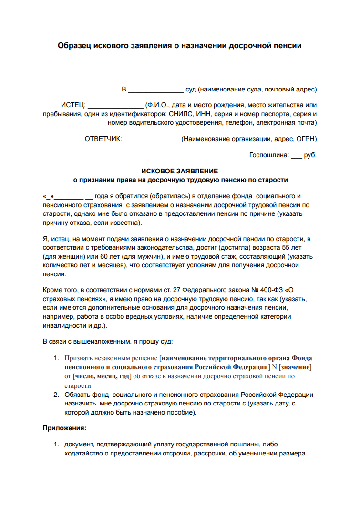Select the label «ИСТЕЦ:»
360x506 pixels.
(73, 105)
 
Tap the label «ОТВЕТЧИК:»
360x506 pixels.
(103, 139)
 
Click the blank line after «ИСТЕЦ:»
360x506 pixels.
(116, 106)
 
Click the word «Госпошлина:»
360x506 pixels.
(269, 155)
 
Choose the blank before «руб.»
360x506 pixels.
(296, 155)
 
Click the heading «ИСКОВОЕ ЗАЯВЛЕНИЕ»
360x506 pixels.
(180, 171)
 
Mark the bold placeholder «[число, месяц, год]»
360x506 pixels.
(102, 376)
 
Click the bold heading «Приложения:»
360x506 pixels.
(64, 428)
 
